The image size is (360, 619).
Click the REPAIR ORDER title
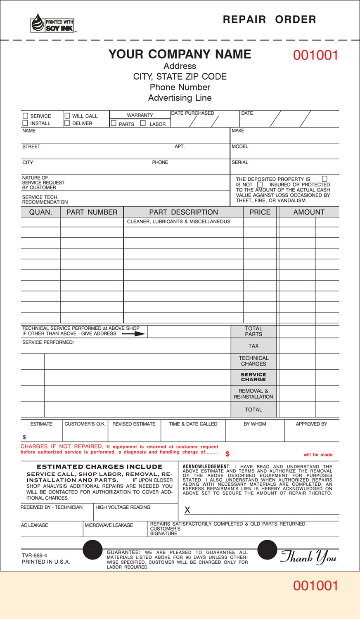(269, 19)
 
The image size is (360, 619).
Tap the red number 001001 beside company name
(315, 55)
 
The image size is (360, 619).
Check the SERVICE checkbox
(25, 116)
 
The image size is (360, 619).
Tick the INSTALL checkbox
(25, 123)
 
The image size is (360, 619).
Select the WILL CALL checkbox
(67, 116)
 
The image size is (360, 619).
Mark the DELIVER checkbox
(67, 123)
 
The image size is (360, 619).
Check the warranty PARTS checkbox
(114, 123)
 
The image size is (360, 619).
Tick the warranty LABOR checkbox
(143, 123)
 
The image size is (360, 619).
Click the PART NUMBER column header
(92, 212)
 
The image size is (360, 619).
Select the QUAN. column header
(40, 212)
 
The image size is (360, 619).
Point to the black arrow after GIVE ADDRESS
(134, 333)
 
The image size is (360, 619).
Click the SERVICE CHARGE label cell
(253, 377)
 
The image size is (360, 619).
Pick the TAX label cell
(253, 346)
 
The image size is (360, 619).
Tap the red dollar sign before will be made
(227, 454)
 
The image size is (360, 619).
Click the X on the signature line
(187, 510)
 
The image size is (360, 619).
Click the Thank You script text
(308, 558)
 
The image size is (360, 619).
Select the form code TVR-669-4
(34, 555)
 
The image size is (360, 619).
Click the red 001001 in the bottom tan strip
(315, 586)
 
